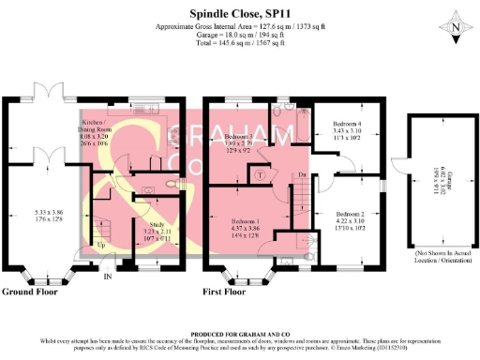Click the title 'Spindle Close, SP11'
point(240,13)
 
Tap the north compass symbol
point(456,29)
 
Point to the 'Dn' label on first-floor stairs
point(302,175)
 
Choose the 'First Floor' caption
point(230,292)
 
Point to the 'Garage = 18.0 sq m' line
point(240,36)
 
